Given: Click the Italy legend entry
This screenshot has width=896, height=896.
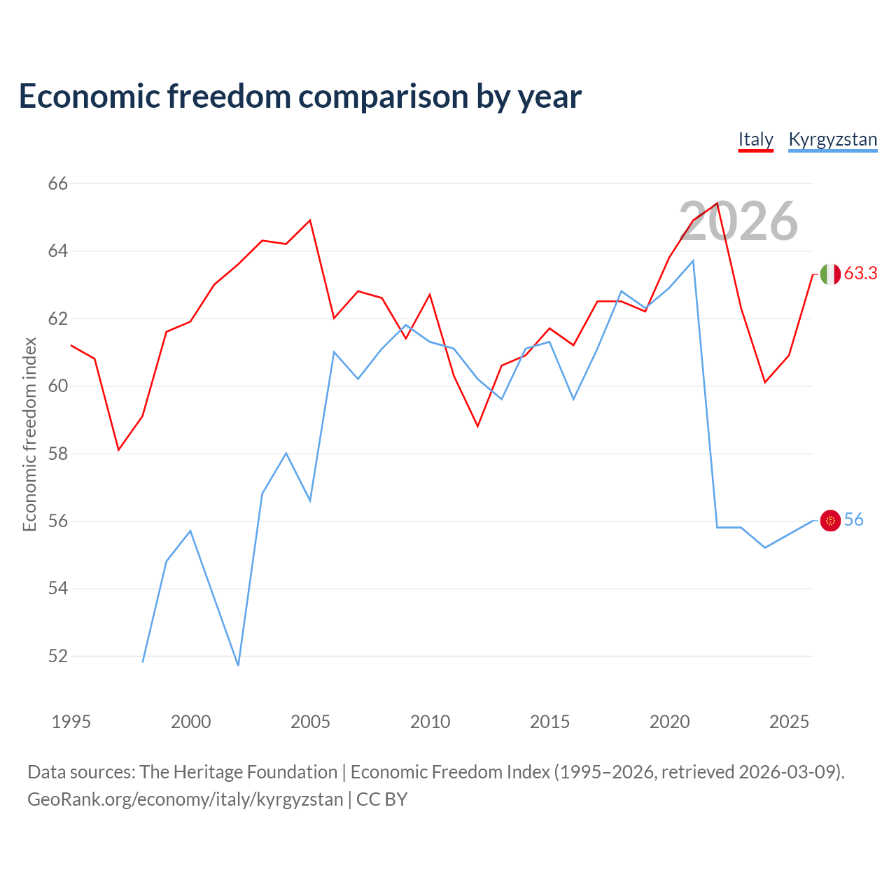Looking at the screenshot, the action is tap(755, 139).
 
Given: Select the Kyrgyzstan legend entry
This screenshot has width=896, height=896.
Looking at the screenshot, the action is tap(833, 139).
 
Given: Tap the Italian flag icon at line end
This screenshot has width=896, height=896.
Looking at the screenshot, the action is tap(830, 274).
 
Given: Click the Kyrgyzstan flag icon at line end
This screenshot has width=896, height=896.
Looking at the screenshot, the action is tap(830, 520).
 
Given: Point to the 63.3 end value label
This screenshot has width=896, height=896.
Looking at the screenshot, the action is tap(860, 274).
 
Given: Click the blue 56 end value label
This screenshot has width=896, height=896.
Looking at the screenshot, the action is tap(853, 520).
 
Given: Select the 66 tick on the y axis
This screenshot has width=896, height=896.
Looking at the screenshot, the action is tap(58, 183).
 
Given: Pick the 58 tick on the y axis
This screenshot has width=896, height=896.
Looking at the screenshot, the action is tap(58, 454).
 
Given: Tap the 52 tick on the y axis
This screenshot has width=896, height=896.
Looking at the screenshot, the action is tap(58, 656).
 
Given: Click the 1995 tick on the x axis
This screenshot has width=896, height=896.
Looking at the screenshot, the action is tap(71, 722).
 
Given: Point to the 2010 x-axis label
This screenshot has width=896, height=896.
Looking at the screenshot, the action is tap(430, 722).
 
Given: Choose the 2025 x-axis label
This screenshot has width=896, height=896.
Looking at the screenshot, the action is tap(789, 722).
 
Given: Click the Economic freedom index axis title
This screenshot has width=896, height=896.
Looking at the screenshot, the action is tap(30, 434).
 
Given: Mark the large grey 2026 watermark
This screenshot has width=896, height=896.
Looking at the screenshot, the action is tap(738, 221).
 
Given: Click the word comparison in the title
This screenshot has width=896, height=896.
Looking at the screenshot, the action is tap(383, 97).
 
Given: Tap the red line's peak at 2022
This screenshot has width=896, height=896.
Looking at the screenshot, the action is tap(717, 203).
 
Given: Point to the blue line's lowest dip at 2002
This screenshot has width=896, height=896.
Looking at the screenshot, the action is tap(238, 666).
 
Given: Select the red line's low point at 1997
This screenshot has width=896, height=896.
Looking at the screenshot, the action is tap(118, 450).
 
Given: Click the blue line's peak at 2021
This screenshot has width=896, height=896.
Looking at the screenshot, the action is tap(693, 261).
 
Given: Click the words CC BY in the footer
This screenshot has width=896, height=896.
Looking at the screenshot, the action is tap(381, 799).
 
